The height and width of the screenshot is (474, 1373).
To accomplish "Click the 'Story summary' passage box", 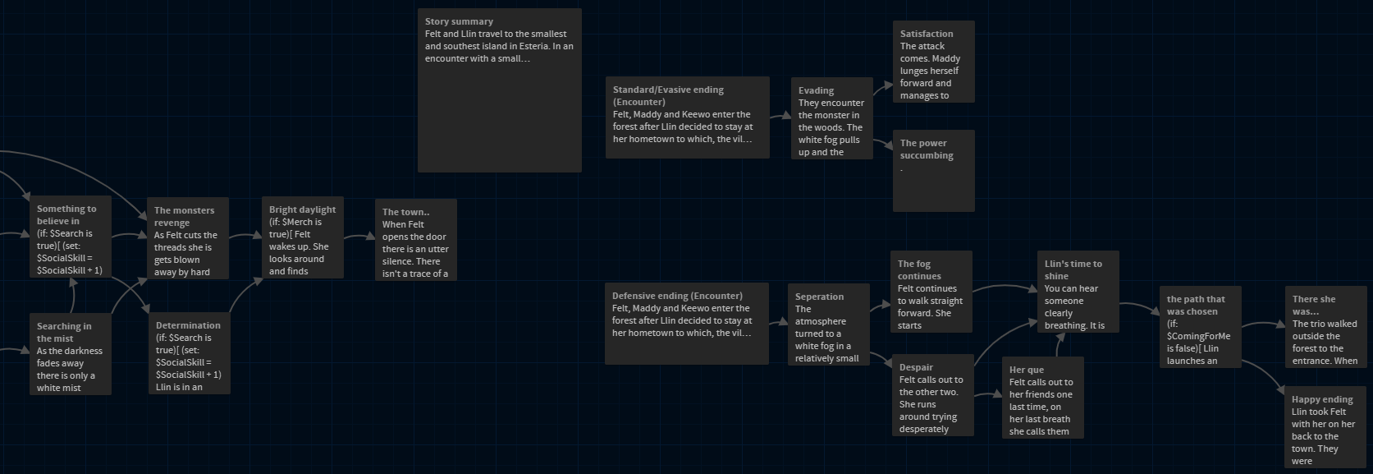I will [499, 90].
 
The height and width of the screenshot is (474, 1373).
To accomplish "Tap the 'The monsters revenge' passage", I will [187, 238].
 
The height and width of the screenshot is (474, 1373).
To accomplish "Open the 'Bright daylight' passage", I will [302, 237].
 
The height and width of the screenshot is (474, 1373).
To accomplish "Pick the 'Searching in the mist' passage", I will [71, 354].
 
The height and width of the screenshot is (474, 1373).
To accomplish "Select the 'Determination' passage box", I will [189, 354].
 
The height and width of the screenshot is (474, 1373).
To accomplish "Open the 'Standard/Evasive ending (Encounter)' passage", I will [687, 117].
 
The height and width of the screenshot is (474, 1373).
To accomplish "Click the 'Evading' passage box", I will [831, 118].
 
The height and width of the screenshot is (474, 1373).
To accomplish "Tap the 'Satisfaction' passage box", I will [933, 62].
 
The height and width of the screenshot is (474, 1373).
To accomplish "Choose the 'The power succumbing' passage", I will [933, 170].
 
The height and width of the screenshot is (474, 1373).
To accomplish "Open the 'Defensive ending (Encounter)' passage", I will [686, 323].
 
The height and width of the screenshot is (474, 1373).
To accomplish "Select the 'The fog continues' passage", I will [931, 292].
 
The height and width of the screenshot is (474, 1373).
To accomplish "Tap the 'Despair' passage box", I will [932, 395].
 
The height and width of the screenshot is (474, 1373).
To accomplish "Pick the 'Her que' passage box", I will [1042, 397].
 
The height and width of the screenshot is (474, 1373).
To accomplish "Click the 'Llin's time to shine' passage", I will [1078, 292].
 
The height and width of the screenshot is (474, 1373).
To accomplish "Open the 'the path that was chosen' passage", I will [1200, 327].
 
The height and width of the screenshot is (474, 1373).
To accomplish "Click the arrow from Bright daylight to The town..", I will [359, 237].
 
